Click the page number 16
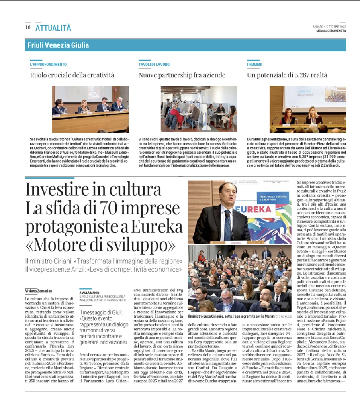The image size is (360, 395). tap(28, 27)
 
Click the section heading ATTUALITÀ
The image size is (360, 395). tap(53, 28)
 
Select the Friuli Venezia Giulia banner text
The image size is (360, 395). tap(58, 45)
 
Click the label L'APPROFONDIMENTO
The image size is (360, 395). tap(48, 64)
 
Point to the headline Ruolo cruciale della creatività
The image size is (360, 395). tap(72, 75)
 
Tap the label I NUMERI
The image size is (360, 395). tap(255, 64)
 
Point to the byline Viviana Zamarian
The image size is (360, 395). tap(38, 291)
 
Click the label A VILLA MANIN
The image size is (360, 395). tap(89, 293)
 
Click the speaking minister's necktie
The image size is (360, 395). tap(228, 226)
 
